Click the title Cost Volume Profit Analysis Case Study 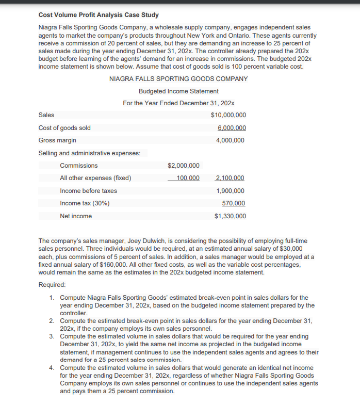tap(99, 15)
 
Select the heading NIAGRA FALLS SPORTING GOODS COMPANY tap(178, 79)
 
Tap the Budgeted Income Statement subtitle tap(178, 91)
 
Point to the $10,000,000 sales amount tap(228, 115)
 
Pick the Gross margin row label tap(57, 140)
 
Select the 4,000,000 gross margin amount tap(232, 140)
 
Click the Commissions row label tap(78, 166)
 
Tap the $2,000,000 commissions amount tap(184, 166)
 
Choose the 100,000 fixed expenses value tap(187, 178)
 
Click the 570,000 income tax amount tap(233, 203)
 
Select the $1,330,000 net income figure tap(230, 216)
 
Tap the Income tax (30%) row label tap(85, 203)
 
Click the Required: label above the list tap(52, 285)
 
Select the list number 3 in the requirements tap(52, 336)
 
